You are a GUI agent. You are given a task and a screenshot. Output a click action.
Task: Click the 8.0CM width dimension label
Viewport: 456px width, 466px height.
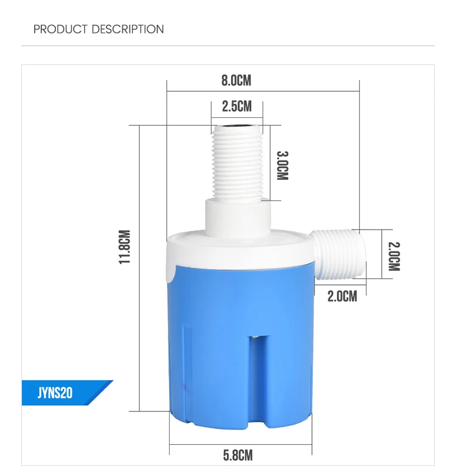tap(237, 80)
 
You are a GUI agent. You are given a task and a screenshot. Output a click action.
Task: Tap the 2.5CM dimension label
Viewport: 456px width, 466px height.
tap(237, 107)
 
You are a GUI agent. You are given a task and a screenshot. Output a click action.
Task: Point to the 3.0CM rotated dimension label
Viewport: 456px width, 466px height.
tap(282, 165)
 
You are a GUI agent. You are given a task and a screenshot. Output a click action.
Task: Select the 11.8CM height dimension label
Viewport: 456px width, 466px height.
tap(125, 247)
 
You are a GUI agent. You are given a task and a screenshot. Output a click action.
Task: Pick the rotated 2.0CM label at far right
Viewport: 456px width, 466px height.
tap(394, 256)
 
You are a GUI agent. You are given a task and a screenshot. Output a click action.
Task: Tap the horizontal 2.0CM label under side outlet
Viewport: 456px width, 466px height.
tap(342, 296)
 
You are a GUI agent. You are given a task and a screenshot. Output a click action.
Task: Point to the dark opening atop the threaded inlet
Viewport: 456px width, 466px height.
tap(237, 128)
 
